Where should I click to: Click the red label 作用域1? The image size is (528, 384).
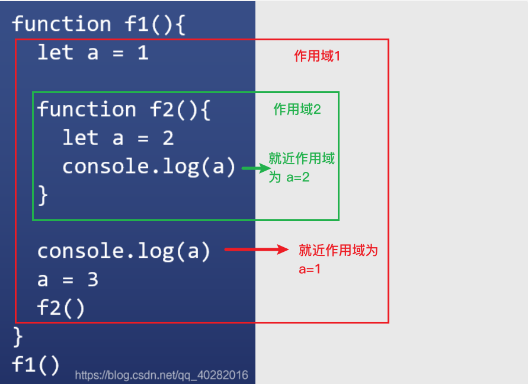317,56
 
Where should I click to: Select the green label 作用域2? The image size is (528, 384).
297,109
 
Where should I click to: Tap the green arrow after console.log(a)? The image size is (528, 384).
255,168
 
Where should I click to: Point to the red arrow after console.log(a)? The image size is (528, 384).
255,250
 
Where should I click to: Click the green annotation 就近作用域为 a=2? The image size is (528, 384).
301,168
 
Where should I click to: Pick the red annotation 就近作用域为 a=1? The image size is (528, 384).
338,259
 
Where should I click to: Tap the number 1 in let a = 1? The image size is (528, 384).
143,53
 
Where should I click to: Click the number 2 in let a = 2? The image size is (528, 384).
168,138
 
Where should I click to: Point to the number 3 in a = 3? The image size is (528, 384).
92,279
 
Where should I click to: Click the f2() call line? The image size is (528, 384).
61,308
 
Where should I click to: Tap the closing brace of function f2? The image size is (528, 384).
43,194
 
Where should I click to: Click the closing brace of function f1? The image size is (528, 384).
18,336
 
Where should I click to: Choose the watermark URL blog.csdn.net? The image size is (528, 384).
161,375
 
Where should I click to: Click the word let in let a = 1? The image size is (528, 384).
55,53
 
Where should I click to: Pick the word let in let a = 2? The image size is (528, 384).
80,138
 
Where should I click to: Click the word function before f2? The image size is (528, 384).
87,110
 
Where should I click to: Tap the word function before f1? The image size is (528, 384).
62,24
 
